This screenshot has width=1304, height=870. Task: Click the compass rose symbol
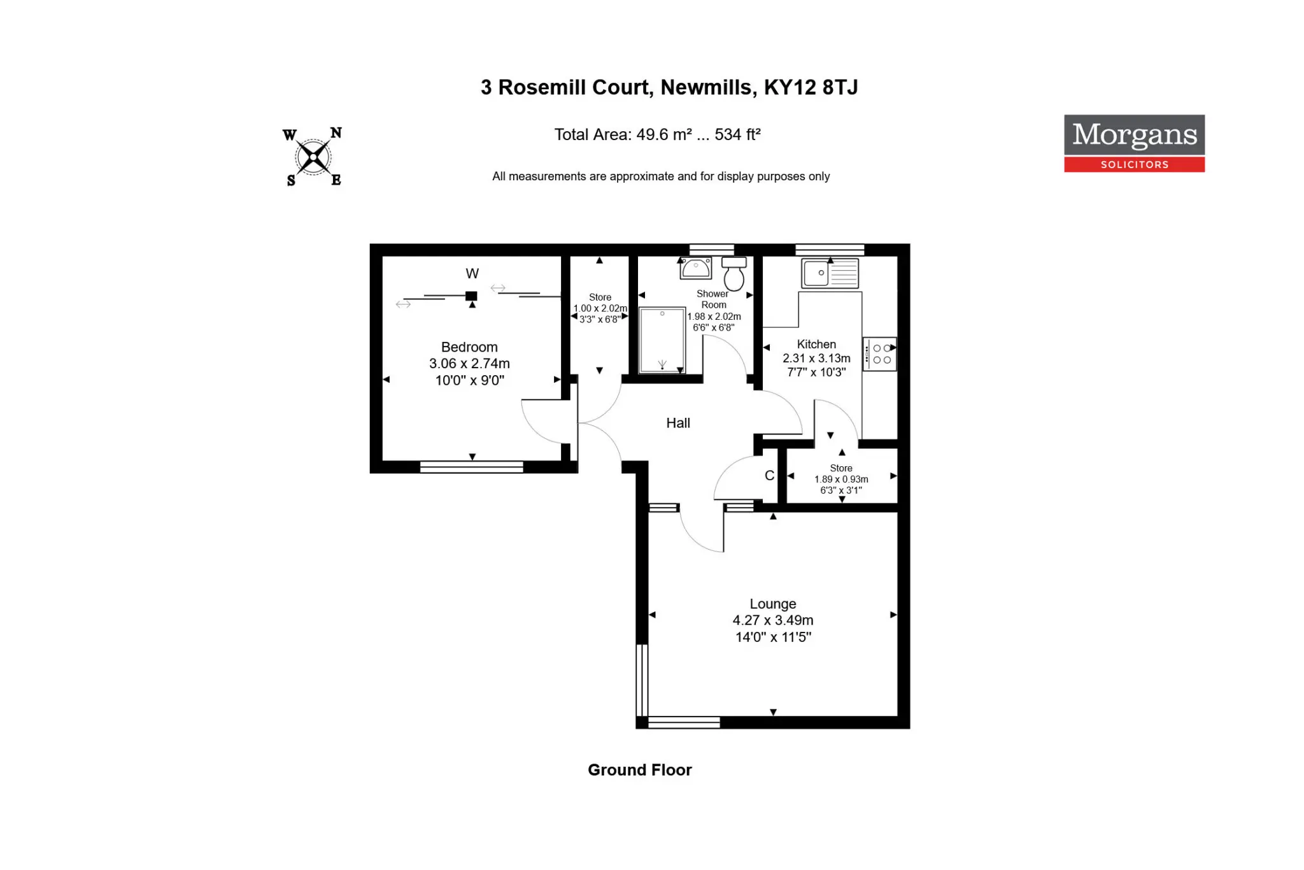tap(313, 157)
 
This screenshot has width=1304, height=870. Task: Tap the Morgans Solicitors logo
tap(1134, 143)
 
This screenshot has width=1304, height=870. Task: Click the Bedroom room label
tap(469, 347)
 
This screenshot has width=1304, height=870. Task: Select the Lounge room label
tap(773, 604)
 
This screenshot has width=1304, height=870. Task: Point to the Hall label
tap(678, 423)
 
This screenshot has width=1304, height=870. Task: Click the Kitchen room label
tap(816, 344)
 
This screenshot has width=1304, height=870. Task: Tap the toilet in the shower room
tap(734, 274)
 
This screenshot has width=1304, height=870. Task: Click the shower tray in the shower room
tap(662, 340)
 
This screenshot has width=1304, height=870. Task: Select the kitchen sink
tap(830, 273)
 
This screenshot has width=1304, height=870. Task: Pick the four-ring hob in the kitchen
tap(879, 354)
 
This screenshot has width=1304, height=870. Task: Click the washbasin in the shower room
tap(696, 268)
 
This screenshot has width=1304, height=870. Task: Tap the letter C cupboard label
tap(769, 476)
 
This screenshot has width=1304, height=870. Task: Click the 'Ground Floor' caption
tap(639, 770)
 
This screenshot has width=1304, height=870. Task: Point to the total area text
tap(657, 134)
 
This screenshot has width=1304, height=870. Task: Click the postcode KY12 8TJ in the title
tap(811, 87)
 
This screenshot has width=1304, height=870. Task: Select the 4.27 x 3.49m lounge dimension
tap(773, 620)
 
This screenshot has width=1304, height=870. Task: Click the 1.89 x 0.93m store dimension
tap(841, 479)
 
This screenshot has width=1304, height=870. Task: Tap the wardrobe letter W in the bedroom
tap(472, 274)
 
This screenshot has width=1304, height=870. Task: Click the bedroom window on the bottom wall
tap(472, 467)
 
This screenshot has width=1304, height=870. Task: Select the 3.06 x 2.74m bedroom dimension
tap(469, 364)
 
